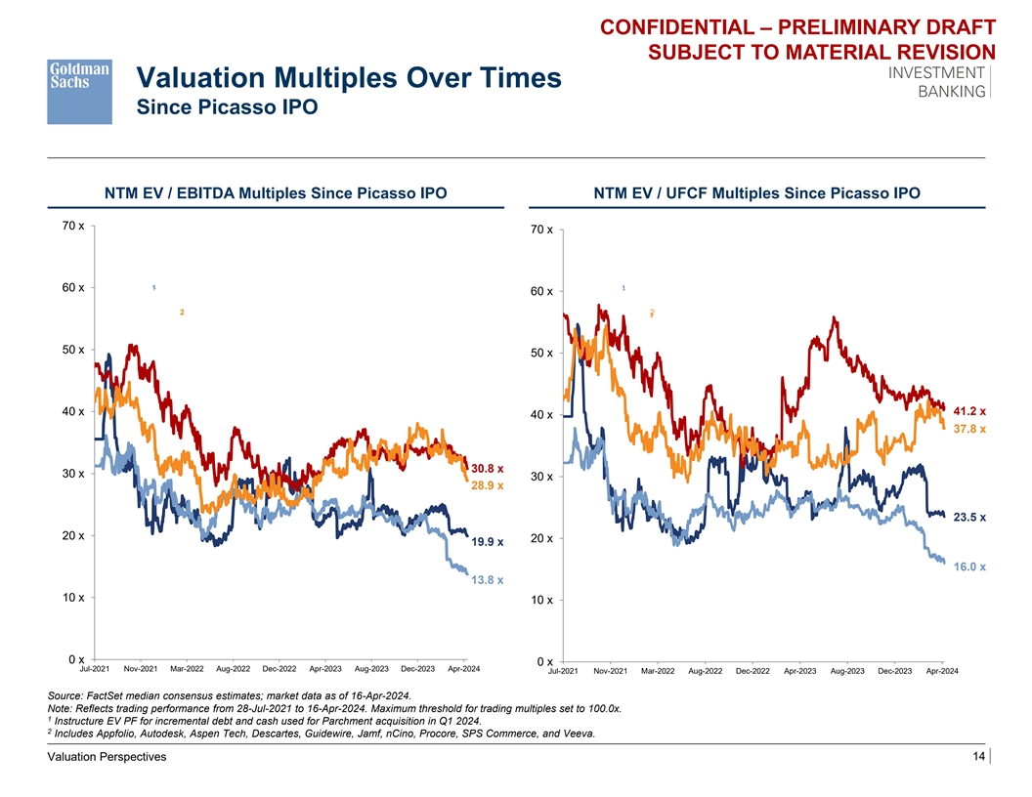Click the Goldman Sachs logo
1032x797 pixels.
click(x=79, y=91)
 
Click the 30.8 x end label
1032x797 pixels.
click(x=487, y=468)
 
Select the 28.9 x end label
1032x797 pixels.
click(x=487, y=484)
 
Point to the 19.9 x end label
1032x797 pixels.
click(x=487, y=542)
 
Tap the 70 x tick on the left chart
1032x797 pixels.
click(x=72, y=226)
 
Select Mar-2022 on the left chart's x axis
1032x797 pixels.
click(x=187, y=669)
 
